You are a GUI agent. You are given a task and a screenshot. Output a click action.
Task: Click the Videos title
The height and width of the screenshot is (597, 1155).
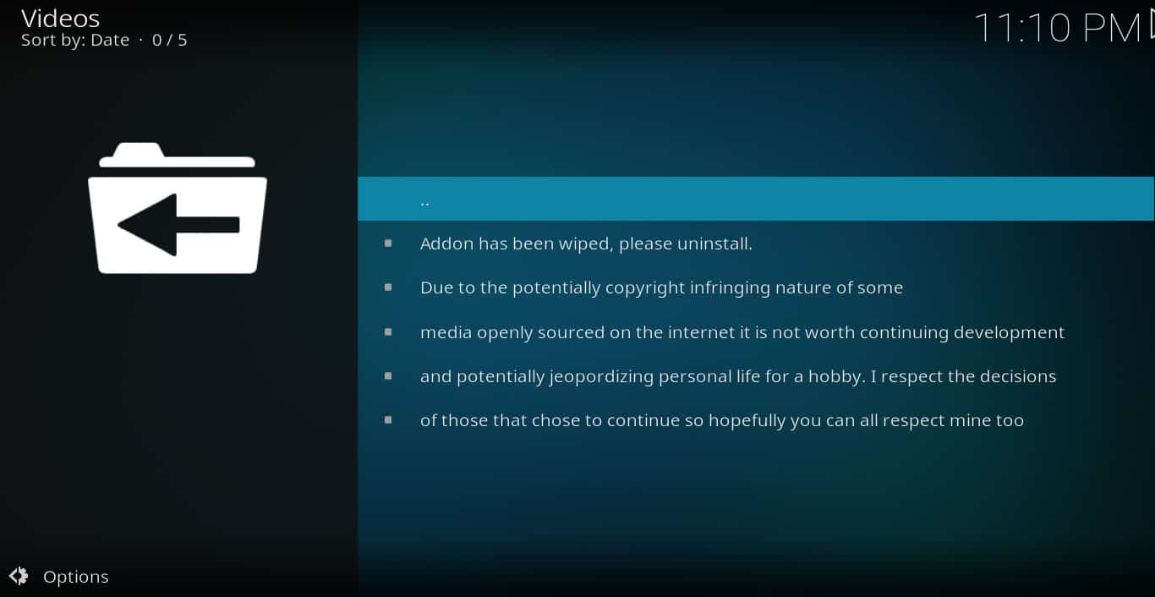coord(60,19)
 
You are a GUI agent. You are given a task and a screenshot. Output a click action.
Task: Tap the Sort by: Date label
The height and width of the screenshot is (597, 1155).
coord(75,41)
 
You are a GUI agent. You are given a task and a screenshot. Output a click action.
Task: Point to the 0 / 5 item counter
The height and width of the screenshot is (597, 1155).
coord(169,41)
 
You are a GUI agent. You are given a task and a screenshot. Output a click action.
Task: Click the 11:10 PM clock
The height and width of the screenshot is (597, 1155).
coord(1057,28)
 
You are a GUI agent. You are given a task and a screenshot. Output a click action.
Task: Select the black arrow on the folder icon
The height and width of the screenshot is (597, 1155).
coord(178,225)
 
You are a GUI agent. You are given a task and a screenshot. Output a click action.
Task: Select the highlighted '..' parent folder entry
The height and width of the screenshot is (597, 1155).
coord(755,199)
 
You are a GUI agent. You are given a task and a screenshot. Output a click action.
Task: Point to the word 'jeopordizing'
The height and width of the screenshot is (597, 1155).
coord(601,377)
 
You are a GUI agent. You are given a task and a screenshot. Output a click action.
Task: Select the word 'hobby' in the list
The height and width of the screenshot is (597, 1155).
coord(837,376)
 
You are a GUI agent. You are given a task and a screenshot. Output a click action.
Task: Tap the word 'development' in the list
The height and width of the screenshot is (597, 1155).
coord(1009,333)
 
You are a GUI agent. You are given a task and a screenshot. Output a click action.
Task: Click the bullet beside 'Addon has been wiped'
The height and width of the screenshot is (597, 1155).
coord(388,244)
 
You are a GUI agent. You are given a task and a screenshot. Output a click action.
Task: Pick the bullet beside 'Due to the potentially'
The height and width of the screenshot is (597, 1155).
coord(388,288)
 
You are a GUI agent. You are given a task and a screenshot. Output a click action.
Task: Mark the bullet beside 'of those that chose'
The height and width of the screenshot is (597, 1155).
coord(388,420)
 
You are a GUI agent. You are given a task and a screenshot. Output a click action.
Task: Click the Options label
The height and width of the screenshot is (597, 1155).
coord(76,577)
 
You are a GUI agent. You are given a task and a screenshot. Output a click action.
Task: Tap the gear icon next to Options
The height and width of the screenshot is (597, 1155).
coord(19,576)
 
